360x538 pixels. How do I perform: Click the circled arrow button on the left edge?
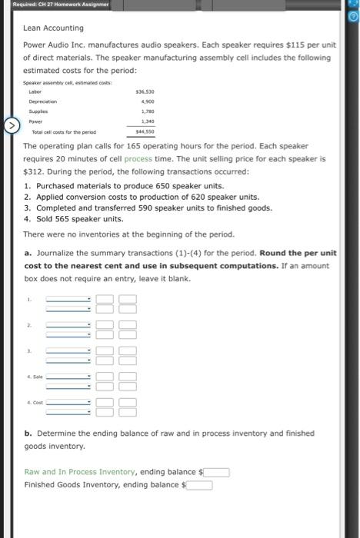click(x=11, y=124)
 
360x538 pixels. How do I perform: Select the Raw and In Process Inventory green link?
click(x=80, y=472)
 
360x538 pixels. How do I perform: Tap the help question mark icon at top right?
click(x=353, y=14)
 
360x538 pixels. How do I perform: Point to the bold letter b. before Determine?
click(x=28, y=433)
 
